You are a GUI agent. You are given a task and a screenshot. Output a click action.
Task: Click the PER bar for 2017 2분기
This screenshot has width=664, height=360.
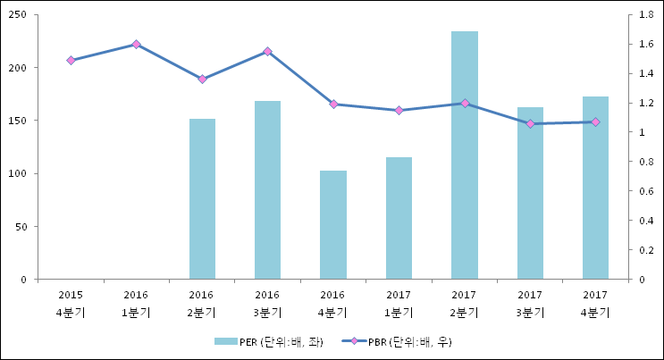tap(464, 155)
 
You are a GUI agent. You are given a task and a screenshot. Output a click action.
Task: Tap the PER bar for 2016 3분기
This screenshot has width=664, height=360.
tap(267, 190)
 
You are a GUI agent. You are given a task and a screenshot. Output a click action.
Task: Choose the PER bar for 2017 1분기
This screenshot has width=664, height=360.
tap(399, 218)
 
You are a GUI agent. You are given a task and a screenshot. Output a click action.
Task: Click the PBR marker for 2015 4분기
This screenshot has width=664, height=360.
tap(71, 60)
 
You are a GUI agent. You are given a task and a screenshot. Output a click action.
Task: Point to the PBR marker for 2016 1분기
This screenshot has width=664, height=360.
tap(136, 44)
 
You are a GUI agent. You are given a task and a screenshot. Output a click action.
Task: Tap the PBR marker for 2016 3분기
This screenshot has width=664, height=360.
tap(267, 52)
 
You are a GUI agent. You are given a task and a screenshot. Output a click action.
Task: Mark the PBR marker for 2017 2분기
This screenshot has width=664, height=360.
tap(464, 104)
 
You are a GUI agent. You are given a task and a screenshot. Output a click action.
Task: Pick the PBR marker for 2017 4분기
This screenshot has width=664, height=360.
tap(595, 121)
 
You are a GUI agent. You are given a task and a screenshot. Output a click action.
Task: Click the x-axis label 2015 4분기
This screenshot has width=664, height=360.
tap(71, 303)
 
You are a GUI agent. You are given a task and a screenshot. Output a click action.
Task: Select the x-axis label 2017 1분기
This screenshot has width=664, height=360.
tap(399, 303)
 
